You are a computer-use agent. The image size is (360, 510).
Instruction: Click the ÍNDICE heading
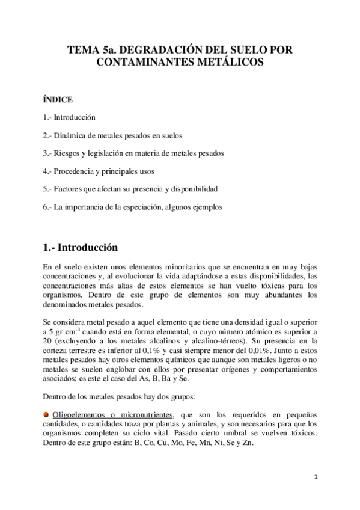pyautogui.click(x=58, y=99)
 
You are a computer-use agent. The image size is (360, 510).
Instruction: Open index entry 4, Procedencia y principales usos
pyautogui.click(x=104, y=171)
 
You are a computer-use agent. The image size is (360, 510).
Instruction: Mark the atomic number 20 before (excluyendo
pyautogui.click(x=48, y=341)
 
